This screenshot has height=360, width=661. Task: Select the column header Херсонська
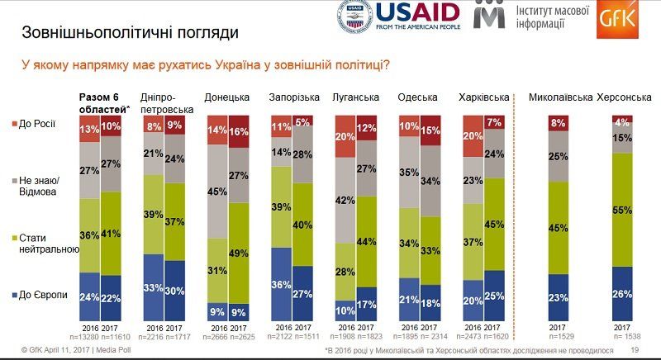pos(624,97)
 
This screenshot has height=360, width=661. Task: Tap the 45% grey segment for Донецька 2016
pos(217,191)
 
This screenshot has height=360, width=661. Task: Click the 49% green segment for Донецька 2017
pos(239,252)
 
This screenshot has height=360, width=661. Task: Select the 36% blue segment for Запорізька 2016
pos(282,284)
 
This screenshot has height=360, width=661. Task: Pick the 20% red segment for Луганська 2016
pos(346,136)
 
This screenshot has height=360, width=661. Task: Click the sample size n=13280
pos(92,338)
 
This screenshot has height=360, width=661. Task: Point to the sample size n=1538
pos(625,338)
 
